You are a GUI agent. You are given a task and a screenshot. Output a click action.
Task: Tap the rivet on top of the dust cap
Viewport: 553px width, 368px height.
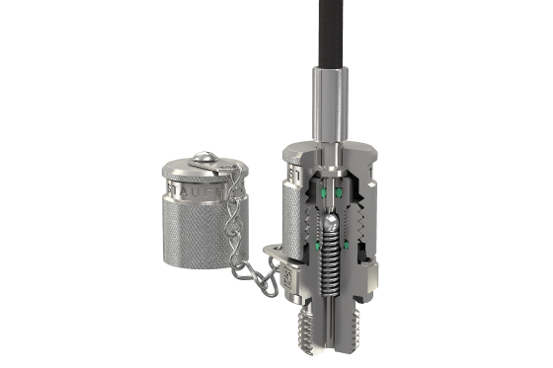(201, 156)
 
